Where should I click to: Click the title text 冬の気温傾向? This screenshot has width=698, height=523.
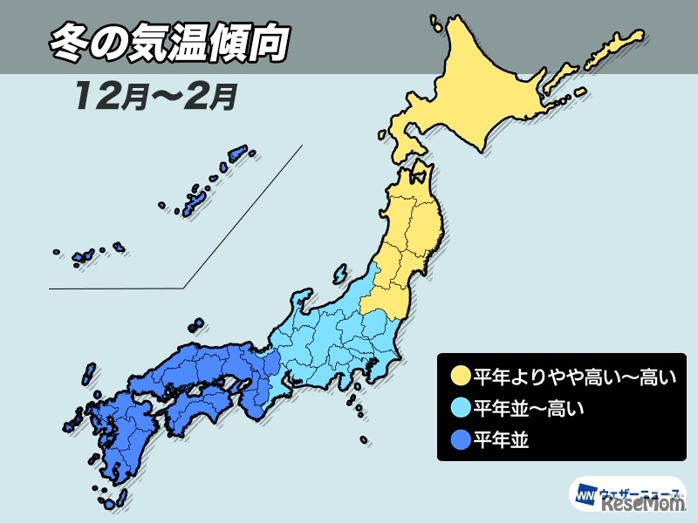click(166, 44)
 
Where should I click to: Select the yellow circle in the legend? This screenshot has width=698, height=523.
click(461, 378)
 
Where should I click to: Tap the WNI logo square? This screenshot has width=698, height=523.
click(583, 495)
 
